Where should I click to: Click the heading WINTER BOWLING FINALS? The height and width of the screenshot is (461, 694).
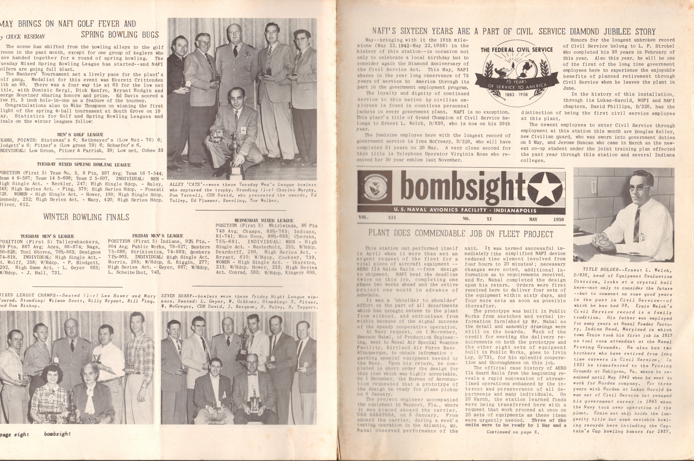click(86, 217)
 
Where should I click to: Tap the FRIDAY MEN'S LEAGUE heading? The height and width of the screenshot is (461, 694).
click(158, 236)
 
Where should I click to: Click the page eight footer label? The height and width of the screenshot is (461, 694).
click(14, 434)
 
